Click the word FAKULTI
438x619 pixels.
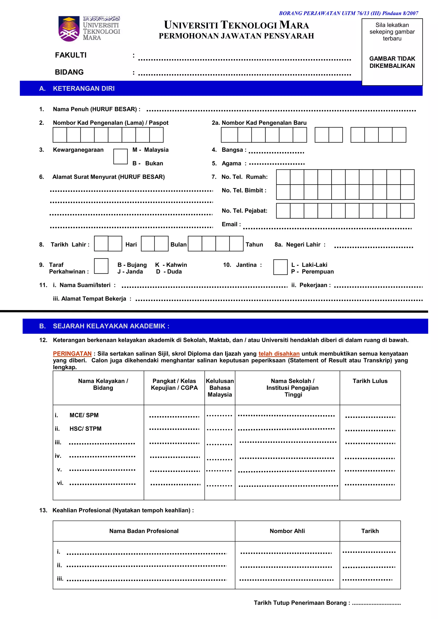[71, 55]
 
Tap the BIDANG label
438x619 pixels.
[69, 72]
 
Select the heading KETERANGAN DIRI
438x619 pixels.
[84, 89]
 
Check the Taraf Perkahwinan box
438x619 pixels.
[101, 266]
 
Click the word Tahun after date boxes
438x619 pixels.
[254, 245]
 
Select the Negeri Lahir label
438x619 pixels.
[303, 245]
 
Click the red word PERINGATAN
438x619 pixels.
[72, 353]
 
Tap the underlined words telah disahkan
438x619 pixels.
[279, 353]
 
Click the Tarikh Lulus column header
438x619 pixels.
[370, 381]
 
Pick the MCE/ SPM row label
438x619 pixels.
[84, 415]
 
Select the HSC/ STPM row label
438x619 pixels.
[85, 429]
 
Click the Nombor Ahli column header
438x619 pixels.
[287, 531]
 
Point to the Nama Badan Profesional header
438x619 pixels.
[144, 531]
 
